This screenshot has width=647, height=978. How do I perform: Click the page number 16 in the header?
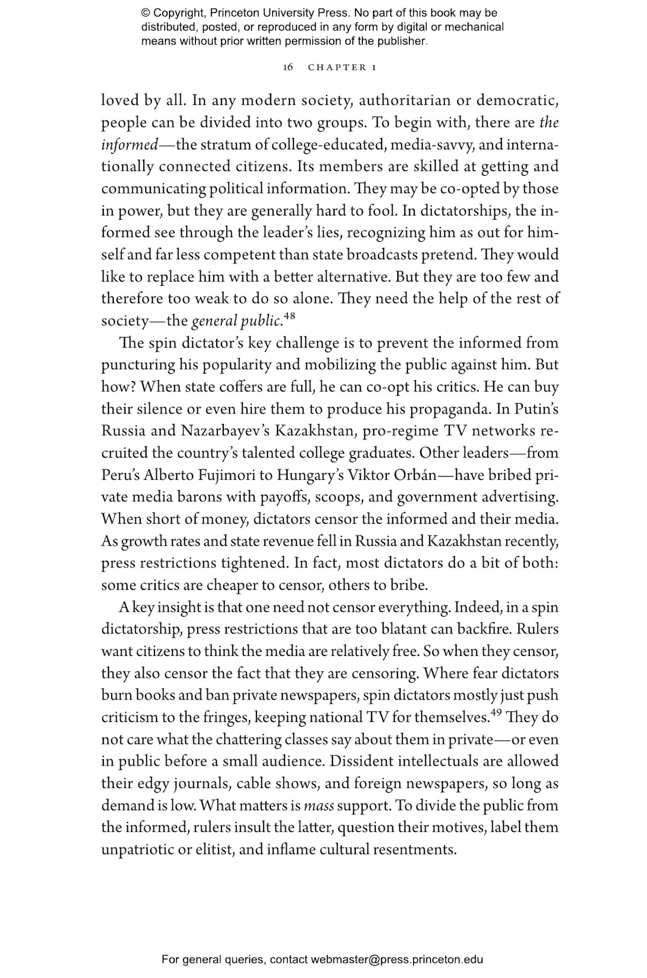[288, 67]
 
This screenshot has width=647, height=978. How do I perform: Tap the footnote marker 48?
[289, 317]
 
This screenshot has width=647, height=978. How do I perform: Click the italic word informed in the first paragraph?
[129, 145]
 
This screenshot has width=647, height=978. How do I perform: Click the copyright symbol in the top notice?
[145, 13]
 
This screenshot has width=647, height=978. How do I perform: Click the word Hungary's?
[310, 475]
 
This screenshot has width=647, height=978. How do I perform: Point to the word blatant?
[404, 630]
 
